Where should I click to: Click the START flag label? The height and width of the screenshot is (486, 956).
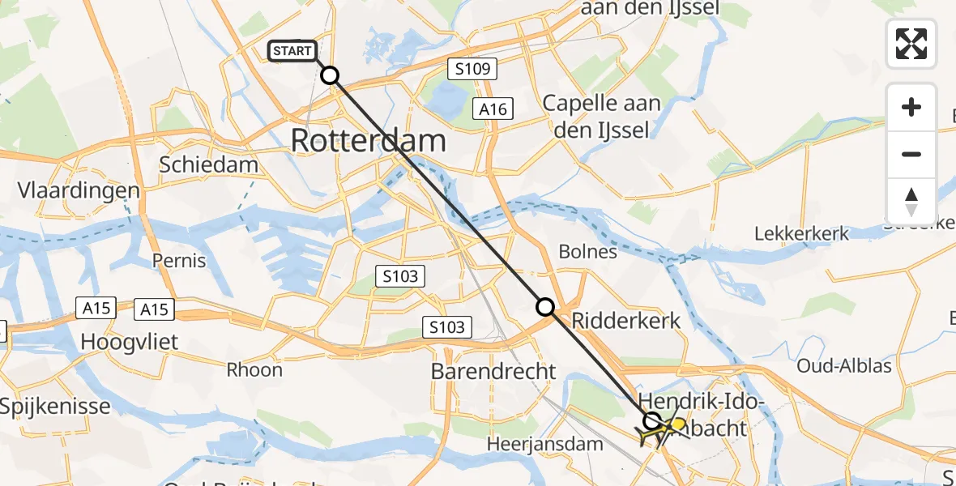[292, 51]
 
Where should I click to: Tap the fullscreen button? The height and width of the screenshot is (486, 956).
[911, 44]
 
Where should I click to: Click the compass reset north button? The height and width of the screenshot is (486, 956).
[911, 201]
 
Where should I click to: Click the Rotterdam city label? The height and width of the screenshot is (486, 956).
[368, 140]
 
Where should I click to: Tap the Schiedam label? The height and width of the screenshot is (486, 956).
[208, 164]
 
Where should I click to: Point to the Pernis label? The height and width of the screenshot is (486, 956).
[179, 261]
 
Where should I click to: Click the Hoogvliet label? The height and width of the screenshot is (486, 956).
[130, 342]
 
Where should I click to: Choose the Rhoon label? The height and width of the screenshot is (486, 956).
[254, 370]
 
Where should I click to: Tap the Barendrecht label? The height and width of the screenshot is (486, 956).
[493, 372]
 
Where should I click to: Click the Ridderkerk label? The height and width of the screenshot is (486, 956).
[626, 321]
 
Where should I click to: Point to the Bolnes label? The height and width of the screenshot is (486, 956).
[587, 252]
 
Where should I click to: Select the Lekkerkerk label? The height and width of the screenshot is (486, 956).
[801, 234]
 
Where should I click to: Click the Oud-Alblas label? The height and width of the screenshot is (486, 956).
[843, 366]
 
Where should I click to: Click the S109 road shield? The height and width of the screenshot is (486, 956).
[472, 70]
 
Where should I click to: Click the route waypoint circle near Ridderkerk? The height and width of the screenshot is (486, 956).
[545, 307]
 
